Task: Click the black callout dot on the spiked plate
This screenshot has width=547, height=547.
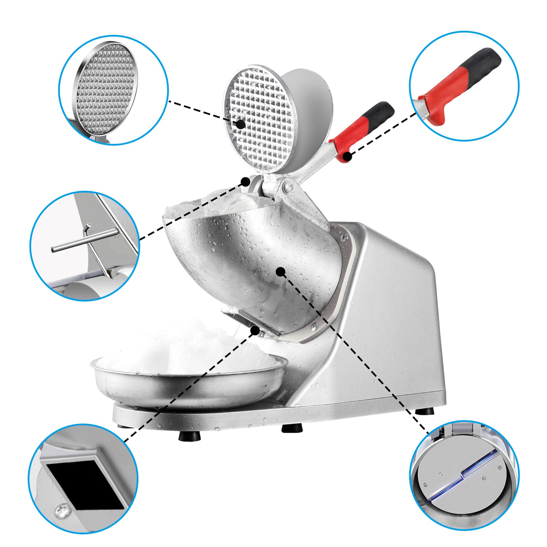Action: pos(241,124)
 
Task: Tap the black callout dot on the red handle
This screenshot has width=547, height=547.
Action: pos(347,157)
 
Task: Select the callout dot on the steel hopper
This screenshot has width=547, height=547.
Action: pos(281,272)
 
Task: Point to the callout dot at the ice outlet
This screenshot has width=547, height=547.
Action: pos(255,330)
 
